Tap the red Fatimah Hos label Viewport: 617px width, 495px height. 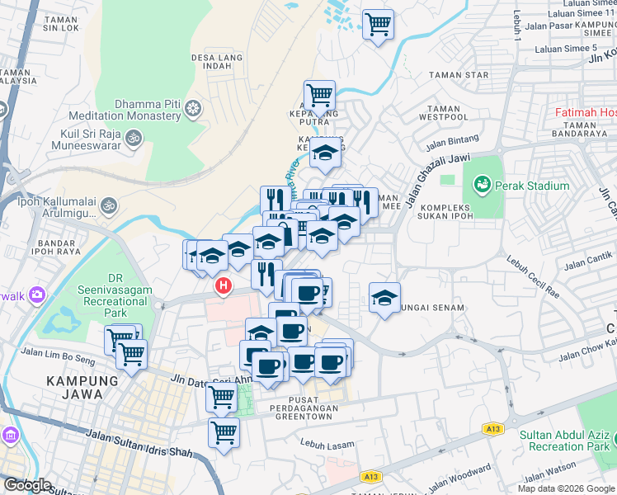pos(585,112)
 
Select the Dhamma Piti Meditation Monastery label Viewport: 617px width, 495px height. pos(125,111)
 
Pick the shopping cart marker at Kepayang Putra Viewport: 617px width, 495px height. pos(319,95)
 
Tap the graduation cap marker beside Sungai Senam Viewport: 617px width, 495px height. pos(384,298)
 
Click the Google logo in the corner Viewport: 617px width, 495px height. pos(27,485)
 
